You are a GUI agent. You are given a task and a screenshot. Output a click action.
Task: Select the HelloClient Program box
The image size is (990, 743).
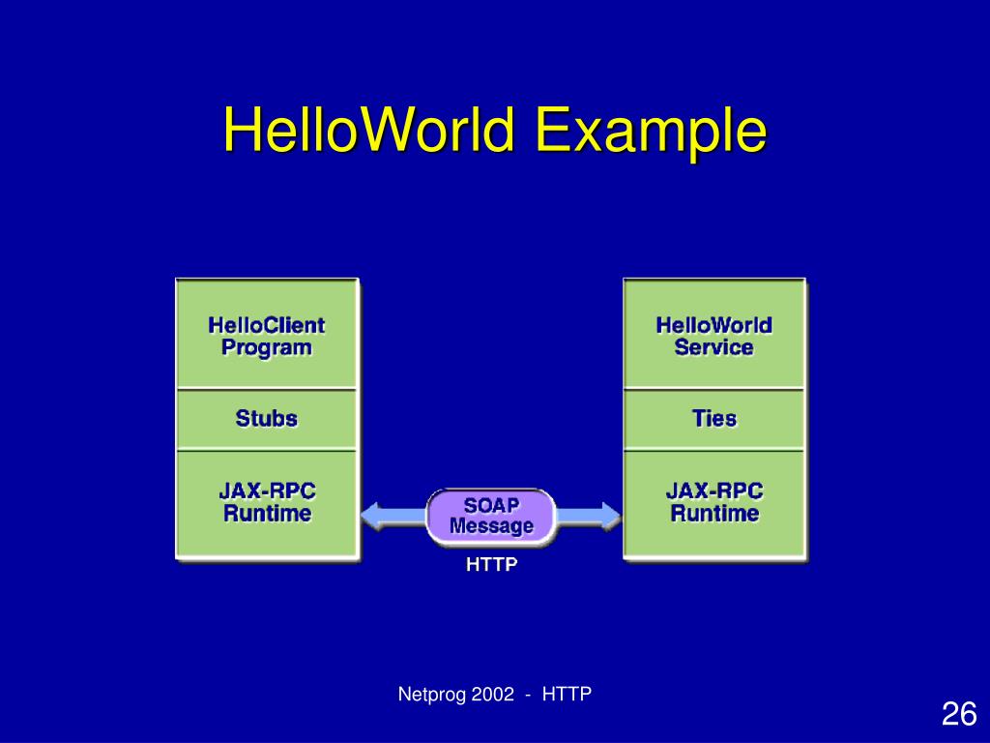click(x=266, y=336)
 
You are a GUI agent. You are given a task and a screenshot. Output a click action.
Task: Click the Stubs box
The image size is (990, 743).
click(x=266, y=419)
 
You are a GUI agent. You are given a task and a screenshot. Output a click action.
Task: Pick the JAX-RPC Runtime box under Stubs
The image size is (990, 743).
click(x=266, y=502)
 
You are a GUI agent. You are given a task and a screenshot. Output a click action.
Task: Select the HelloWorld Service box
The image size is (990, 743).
click(x=713, y=336)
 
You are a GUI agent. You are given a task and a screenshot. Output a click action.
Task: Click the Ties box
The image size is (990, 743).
click(x=713, y=419)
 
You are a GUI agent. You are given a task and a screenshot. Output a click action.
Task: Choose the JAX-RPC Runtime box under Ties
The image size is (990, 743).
click(x=713, y=502)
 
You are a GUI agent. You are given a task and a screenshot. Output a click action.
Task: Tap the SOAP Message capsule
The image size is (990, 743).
click(x=491, y=517)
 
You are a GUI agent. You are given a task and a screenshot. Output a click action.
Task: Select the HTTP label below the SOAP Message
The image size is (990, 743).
click(x=492, y=565)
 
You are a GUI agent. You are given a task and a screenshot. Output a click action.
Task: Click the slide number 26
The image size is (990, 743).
click(x=958, y=715)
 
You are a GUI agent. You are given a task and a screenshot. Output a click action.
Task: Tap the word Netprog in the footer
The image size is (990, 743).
click(x=433, y=694)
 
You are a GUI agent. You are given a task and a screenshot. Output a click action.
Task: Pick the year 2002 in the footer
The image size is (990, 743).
click(x=494, y=694)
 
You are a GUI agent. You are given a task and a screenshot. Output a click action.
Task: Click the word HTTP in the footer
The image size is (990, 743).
click(x=567, y=694)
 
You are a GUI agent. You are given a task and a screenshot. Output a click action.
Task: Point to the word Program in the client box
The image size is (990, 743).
click(x=266, y=347)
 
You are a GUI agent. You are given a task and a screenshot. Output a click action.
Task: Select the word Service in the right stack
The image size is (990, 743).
click(x=713, y=347)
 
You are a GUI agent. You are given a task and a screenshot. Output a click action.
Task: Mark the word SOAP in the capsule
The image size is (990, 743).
click(x=491, y=506)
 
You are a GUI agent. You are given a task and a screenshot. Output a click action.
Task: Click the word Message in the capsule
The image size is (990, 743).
click(x=491, y=527)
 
